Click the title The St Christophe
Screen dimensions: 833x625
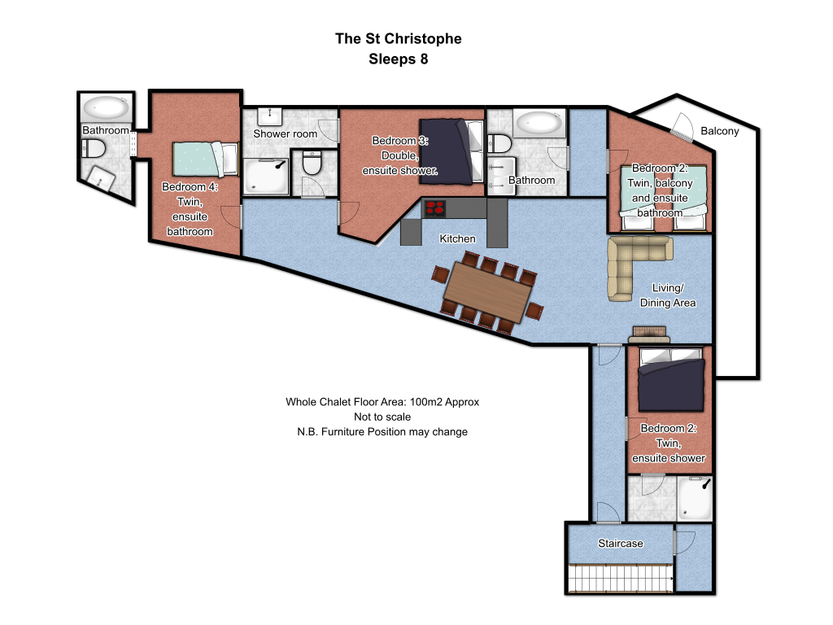point(399,39)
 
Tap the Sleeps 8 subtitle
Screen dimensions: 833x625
point(399,59)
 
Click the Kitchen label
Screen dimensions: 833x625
point(457,238)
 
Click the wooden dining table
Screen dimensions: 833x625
point(488,292)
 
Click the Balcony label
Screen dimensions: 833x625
point(720,131)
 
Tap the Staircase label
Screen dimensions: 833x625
point(621,543)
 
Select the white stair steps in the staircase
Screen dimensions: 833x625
point(621,579)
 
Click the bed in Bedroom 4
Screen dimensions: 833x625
point(205,159)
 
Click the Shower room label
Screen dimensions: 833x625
point(286,133)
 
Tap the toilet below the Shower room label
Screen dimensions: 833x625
point(312,163)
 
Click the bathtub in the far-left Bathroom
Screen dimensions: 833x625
point(107,108)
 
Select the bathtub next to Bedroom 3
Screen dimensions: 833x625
point(539,123)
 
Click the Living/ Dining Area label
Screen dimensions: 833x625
point(668,295)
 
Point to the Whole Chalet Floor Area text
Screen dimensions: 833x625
point(382,402)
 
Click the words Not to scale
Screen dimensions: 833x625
point(382,417)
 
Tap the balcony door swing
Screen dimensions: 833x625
point(683,128)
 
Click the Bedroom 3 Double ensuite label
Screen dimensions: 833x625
point(400,155)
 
